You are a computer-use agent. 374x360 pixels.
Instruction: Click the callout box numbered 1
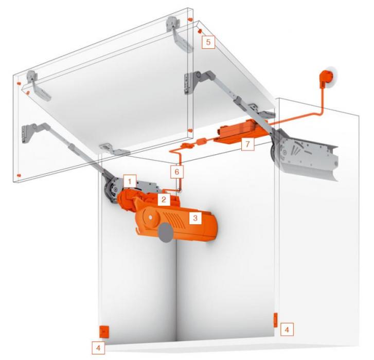pyautogui.click(x=130, y=182)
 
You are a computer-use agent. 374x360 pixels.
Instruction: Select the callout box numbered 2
pyautogui.click(x=164, y=199)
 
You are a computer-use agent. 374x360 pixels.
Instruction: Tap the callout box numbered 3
pyautogui.click(x=195, y=218)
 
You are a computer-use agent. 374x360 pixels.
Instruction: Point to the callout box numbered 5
pyautogui.click(x=208, y=42)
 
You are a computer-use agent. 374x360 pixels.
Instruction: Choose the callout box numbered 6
pyautogui.click(x=177, y=172)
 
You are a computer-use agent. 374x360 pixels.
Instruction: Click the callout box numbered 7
pyautogui.click(x=247, y=144)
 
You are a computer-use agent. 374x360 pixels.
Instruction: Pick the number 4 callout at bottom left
pyautogui.click(x=98, y=348)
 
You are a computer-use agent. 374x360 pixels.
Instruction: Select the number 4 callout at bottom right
pyautogui.click(x=287, y=330)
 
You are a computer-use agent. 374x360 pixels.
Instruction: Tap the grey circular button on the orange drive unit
pyautogui.click(x=165, y=233)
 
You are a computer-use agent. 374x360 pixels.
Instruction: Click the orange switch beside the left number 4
pyautogui.click(x=104, y=332)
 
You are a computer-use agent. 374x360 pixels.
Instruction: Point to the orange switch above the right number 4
pyautogui.click(x=276, y=320)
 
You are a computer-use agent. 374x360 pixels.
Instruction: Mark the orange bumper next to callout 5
pyautogui.click(x=200, y=31)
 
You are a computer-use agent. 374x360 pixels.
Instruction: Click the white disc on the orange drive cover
pyautogui.click(x=151, y=217)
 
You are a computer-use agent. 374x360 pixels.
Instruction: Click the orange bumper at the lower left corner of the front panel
pyautogui.click(x=19, y=176)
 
